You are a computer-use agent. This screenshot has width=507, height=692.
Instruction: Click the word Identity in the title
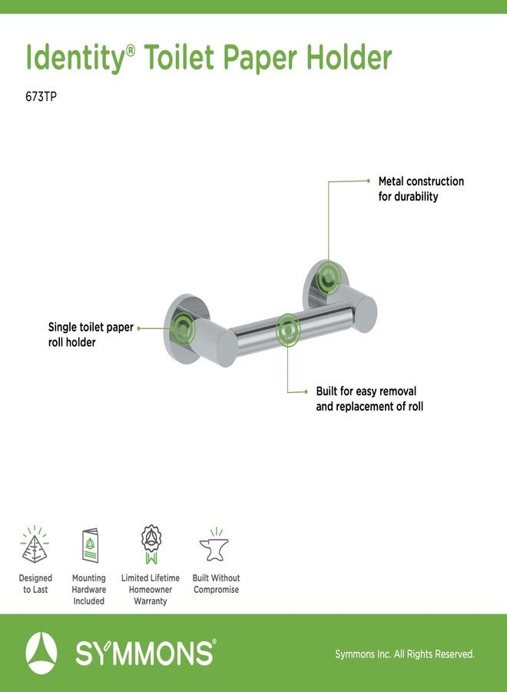click(76, 58)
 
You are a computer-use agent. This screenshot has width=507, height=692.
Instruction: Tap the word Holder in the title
click(349, 57)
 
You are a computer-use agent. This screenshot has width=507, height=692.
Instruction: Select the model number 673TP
click(41, 97)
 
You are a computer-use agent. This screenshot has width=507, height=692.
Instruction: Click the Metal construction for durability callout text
click(421, 189)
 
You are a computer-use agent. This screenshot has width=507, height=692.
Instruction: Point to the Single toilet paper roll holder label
click(91, 334)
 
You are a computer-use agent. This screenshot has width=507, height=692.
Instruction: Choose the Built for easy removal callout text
click(369, 398)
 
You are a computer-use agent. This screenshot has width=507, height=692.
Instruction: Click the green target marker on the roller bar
click(288, 330)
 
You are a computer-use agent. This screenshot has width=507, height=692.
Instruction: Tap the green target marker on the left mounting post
click(183, 328)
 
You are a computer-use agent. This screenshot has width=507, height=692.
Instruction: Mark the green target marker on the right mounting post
click(329, 278)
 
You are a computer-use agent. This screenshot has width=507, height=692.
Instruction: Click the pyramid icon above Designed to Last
click(35, 544)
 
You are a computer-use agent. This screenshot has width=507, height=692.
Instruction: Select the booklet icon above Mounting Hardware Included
click(90, 545)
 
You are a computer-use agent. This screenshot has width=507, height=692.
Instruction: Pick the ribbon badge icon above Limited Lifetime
click(151, 544)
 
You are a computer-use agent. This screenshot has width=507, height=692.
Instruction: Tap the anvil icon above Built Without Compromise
click(214, 544)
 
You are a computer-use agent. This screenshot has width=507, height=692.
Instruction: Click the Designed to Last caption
click(35, 584)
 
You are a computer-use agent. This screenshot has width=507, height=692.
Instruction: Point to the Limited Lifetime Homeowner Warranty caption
click(151, 589)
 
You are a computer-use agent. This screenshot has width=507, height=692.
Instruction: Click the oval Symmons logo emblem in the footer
click(41, 653)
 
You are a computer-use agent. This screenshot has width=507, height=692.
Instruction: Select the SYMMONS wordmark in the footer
click(144, 654)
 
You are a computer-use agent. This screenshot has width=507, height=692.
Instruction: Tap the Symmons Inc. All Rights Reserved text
click(405, 654)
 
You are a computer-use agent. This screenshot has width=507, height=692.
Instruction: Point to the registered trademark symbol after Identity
click(131, 51)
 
